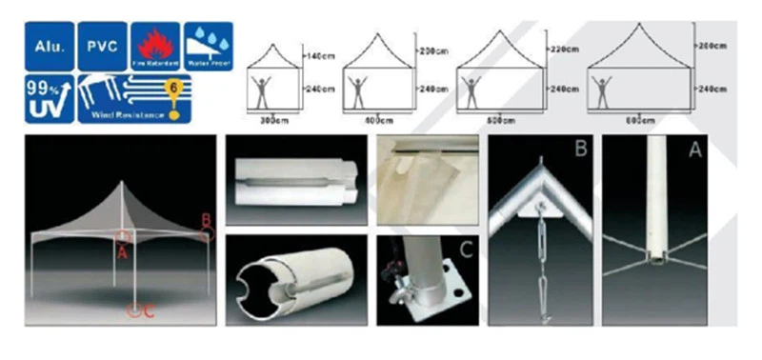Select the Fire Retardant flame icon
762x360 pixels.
(154, 42)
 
